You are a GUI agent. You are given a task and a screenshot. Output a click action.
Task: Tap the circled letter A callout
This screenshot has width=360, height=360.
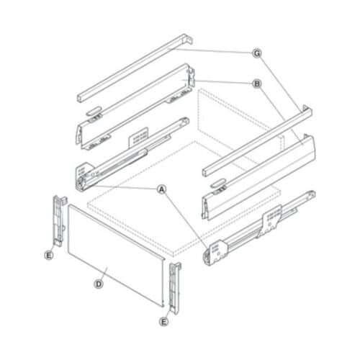pyautogui.click(x=162, y=189)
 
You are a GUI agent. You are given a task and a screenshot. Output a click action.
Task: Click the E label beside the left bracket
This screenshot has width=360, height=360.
pyautogui.click(x=48, y=254)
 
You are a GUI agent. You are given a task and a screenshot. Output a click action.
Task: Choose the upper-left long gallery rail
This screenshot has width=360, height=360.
pyautogui.click(x=133, y=68)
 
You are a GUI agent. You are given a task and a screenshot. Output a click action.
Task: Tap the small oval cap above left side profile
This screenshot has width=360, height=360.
pyautogui.click(x=94, y=113)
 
